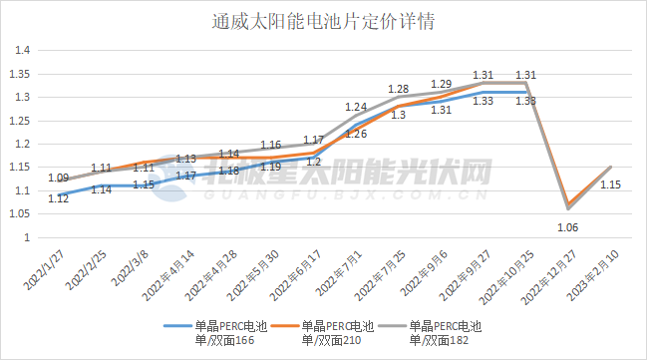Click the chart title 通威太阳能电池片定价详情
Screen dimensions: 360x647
(x=324, y=20)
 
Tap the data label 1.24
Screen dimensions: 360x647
(x=356, y=106)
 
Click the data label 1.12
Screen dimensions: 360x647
(x=58, y=198)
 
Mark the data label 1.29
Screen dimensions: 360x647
(x=441, y=84)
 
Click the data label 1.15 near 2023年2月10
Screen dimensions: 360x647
(x=611, y=183)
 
